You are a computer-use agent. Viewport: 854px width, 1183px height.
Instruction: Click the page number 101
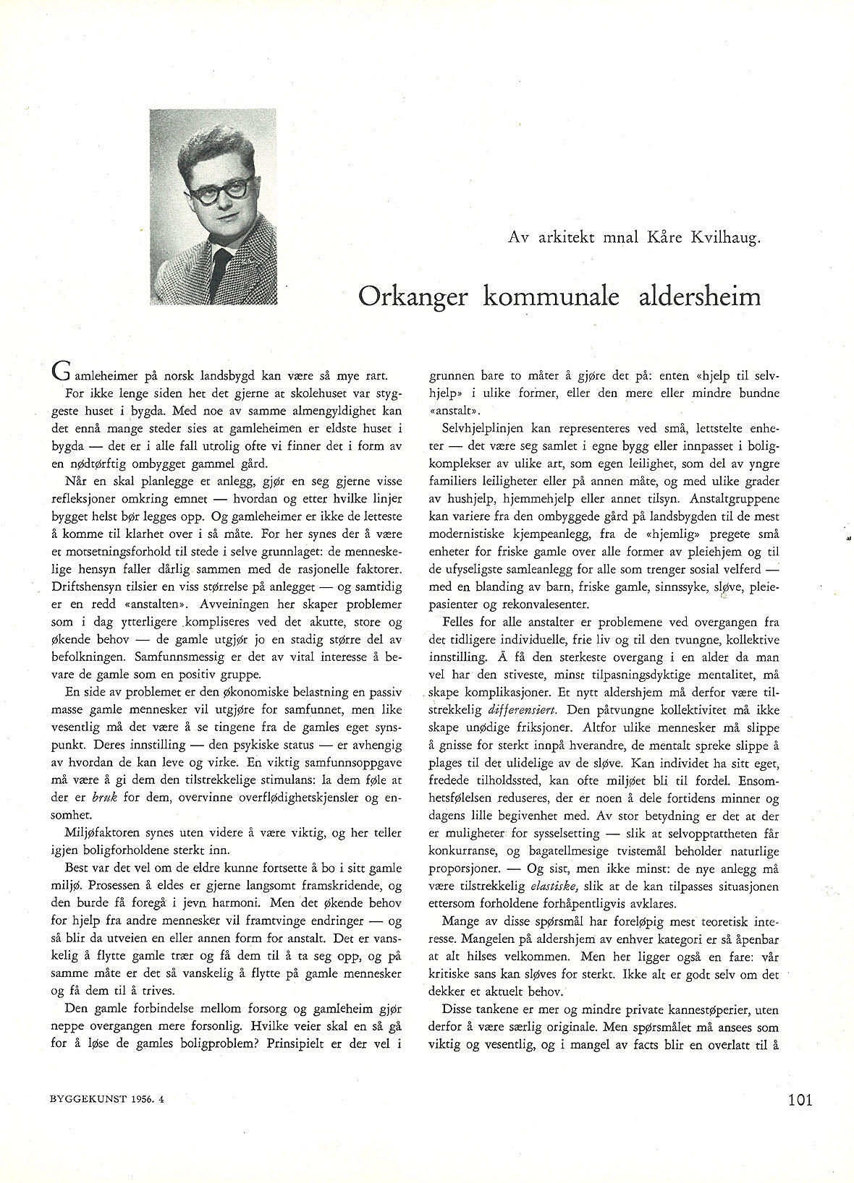click(800, 1101)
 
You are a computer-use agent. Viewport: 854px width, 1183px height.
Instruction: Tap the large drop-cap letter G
click(62, 375)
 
